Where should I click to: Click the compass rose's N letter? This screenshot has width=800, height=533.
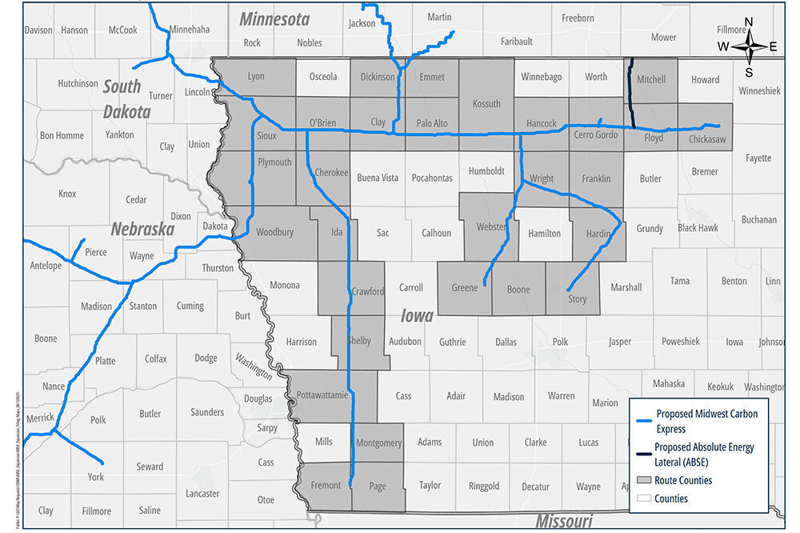coord(749,22)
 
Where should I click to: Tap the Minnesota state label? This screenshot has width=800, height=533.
coord(274,18)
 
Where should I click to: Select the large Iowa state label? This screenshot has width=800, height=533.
coord(417,315)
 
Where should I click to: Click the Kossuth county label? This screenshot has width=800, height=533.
coord(486,103)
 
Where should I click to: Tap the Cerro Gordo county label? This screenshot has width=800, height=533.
coord(596,134)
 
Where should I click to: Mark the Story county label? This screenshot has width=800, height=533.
coord(577,299)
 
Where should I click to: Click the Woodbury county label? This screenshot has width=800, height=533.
coord(274,232)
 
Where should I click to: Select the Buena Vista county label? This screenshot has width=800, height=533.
coord(377,178)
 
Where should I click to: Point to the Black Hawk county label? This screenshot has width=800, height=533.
coord(698,228)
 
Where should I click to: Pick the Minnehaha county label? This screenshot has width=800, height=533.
coord(190,30)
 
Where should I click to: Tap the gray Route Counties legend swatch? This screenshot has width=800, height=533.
coord(641,481)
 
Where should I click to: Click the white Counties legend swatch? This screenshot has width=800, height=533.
coord(641,499)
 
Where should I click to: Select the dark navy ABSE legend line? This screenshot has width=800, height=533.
coord(641,454)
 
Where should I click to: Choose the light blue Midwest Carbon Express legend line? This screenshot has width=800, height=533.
coord(641,420)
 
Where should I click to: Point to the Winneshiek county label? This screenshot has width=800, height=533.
coord(759,90)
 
